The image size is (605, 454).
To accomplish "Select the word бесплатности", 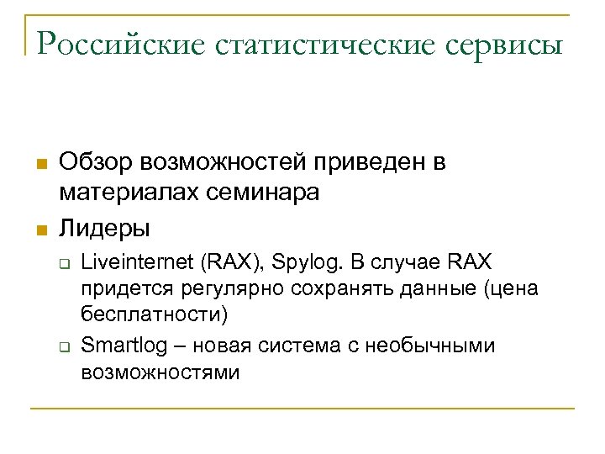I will click(x=155, y=315).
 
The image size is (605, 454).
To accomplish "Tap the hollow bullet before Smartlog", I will click(x=63, y=346).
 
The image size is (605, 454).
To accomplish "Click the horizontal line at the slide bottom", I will click(x=302, y=409).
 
